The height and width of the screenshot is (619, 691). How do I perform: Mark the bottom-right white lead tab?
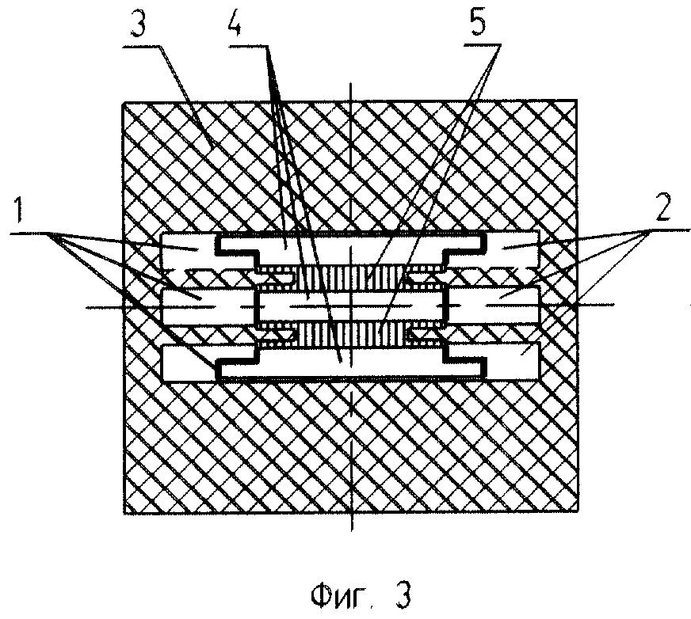coord(507,360)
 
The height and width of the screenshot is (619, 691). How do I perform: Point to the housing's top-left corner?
coord(120,102)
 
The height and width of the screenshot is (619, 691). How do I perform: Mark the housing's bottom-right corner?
coord(577,514)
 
